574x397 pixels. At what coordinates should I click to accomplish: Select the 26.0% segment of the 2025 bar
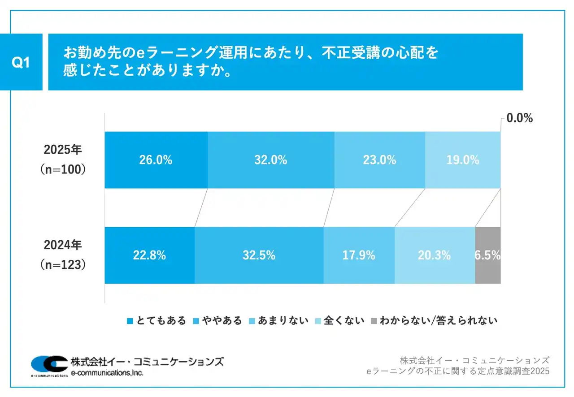coord(156,160)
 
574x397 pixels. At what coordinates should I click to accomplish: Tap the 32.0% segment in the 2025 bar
coord(270,160)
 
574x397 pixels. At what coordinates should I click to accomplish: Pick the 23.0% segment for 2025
coord(379,160)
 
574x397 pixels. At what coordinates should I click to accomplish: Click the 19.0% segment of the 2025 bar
coord(462,160)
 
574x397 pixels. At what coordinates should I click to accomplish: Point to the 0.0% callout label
coord(519,119)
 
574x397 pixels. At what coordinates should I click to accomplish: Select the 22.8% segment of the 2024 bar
coord(149,255)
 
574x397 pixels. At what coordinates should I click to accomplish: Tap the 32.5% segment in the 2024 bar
coord(259,255)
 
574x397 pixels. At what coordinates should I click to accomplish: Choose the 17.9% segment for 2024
coord(359,255)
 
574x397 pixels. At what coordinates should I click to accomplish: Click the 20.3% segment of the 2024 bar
coord(434,255)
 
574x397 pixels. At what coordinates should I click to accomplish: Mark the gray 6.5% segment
coord(487,255)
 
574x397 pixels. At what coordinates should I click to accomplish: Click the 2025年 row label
coord(63,150)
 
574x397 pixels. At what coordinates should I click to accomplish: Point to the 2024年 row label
coord(63,245)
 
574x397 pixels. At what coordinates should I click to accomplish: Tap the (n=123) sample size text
coord(63,265)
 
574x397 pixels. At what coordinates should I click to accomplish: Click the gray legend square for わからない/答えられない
coord(374,321)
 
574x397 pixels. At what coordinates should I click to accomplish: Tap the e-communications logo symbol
coord(49,364)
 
